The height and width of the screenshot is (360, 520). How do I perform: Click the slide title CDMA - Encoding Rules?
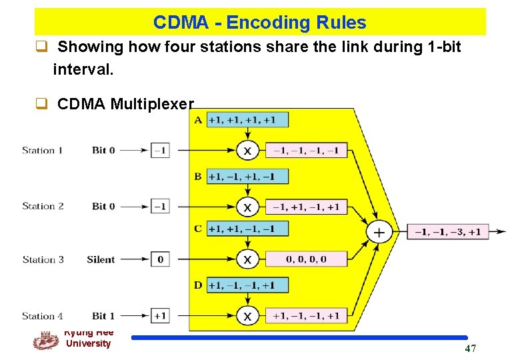click(259, 23)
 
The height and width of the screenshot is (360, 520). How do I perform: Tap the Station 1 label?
click(43, 150)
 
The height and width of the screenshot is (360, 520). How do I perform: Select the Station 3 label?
click(43, 259)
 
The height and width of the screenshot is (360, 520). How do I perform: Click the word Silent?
click(101, 259)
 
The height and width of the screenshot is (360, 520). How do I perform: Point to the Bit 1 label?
click(103, 315)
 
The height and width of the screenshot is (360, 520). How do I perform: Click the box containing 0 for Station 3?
click(160, 259)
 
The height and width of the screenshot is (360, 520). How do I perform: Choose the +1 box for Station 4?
click(160, 315)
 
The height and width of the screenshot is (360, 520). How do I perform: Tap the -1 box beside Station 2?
click(160, 206)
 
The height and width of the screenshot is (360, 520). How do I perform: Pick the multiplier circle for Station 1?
click(247, 151)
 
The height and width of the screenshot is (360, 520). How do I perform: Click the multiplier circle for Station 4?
click(247, 316)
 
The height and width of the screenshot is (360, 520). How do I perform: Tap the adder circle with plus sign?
click(379, 232)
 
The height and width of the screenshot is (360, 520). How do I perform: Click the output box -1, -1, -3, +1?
click(448, 232)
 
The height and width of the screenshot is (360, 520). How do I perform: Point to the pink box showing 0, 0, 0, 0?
click(307, 259)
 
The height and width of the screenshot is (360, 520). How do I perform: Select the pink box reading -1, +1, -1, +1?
click(307, 207)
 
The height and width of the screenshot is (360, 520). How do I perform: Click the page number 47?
click(471, 348)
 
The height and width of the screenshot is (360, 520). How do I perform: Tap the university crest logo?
click(45, 340)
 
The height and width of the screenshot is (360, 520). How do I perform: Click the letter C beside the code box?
click(198, 229)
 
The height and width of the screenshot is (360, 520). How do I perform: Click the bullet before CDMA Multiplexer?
click(41, 104)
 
